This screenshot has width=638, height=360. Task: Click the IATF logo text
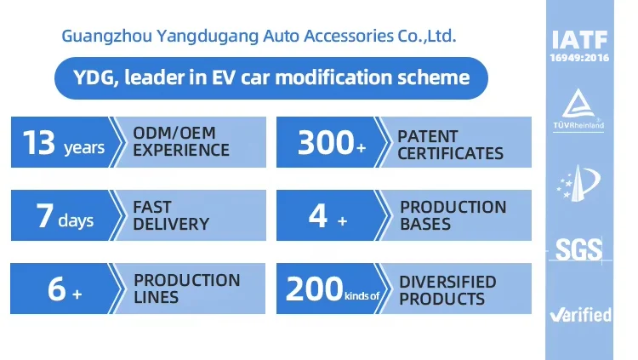579,39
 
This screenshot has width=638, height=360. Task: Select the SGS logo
578,249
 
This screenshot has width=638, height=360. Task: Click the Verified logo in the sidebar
580,315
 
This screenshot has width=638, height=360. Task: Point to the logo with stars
578,183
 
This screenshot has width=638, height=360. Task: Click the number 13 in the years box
39,142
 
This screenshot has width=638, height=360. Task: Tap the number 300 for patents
326,142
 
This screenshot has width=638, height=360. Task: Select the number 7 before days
45,216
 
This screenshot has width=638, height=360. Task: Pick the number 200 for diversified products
314,289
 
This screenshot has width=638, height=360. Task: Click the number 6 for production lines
56,289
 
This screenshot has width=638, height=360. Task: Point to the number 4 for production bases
318,216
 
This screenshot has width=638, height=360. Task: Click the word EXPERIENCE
181,151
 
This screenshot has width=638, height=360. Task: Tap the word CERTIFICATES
450,153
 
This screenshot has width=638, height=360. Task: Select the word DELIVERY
171,224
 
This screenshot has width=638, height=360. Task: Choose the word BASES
425,224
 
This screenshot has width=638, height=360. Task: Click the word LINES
156,297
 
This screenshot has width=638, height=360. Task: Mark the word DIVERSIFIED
447,282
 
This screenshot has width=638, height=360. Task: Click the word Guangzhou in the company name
106,37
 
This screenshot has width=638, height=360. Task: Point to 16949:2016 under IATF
579,58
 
